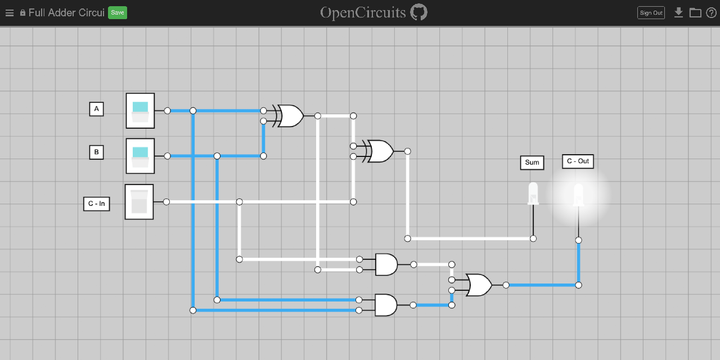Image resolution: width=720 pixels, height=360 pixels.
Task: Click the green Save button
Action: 118,12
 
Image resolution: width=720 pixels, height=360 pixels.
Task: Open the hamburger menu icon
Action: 9,13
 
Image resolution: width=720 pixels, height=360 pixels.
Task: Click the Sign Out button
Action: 651,13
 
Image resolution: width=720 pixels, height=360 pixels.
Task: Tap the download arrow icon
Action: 678,12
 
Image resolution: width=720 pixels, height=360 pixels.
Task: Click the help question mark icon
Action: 711,13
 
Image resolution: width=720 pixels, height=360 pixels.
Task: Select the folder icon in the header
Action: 695,12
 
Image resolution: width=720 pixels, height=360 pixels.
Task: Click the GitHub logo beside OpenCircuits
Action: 418,12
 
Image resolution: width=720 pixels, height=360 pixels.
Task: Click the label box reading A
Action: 96,109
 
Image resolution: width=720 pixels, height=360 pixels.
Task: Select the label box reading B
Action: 96,152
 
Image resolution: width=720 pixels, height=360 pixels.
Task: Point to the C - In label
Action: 96,204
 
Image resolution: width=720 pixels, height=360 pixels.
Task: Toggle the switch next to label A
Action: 140,111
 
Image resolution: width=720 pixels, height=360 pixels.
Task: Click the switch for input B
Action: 140,156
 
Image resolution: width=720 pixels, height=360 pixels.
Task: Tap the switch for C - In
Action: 139,202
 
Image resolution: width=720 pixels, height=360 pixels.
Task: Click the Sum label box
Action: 532,163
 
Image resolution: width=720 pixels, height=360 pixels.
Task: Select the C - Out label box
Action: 578,161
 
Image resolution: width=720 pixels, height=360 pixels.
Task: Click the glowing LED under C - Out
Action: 578,195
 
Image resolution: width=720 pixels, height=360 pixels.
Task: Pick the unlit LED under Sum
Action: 533,193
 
